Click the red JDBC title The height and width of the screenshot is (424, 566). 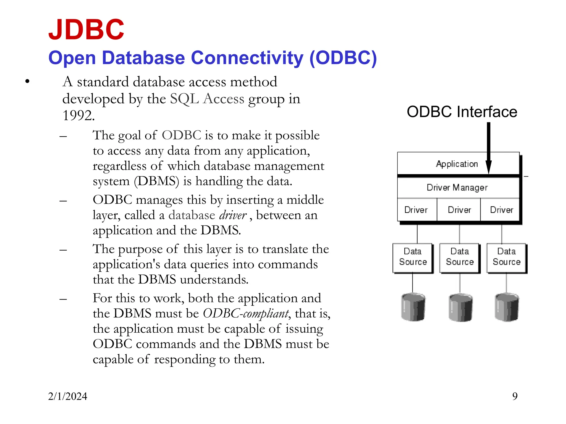[x=86, y=30]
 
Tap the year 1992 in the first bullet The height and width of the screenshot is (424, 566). [x=78, y=115]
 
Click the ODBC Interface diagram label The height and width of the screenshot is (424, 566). [x=462, y=112]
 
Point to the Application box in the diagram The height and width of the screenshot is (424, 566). [x=457, y=164]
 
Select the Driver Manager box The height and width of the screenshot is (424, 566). [x=457, y=188]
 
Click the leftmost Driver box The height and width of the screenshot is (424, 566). [x=416, y=210]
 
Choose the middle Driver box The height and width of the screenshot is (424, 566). [x=459, y=210]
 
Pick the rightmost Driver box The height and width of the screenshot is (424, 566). [x=501, y=210]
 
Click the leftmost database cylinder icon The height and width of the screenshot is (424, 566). [x=413, y=307]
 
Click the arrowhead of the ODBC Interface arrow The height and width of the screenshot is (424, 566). [x=489, y=167]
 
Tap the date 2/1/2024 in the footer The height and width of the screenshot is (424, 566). [x=67, y=396]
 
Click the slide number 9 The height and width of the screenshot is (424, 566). [x=515, y=396]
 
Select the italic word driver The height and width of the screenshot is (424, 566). [x=233, y=215]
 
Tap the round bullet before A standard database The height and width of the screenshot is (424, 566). [x=27, y=81]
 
